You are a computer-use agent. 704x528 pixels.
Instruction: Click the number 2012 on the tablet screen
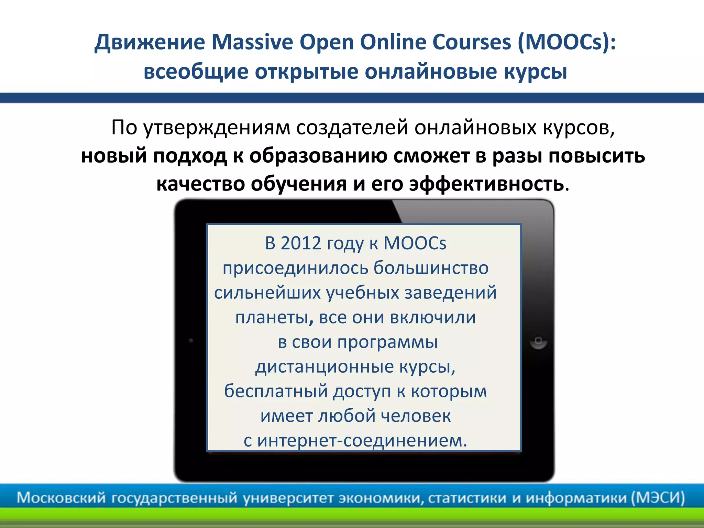pos(301,243)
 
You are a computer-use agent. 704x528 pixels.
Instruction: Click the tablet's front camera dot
pos(191,341)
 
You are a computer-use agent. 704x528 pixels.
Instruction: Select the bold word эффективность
pos(486,184)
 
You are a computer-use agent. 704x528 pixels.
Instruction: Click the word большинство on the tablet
pos(431,268)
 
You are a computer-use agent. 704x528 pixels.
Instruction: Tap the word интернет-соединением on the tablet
pos(362,440)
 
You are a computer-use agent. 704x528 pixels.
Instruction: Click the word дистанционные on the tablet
pos(324,366)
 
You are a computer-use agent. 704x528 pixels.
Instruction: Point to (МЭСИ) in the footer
pos(658,498)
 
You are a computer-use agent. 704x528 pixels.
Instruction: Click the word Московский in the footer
pos(61,498)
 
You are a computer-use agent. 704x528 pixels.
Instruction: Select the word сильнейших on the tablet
pos(267,293)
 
